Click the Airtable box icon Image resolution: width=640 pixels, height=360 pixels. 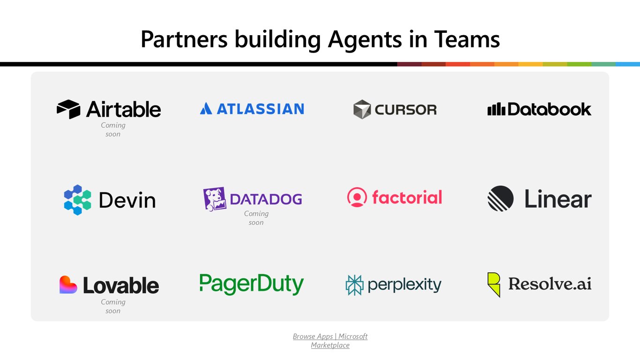coord(68,109)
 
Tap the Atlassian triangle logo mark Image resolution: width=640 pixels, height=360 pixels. coord(206,109)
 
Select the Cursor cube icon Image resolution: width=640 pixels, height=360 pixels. coord(362,109)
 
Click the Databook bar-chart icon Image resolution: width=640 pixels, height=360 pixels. coord(497,109)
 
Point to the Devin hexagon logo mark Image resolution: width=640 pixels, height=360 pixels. coord(77,200)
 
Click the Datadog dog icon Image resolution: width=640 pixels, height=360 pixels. coord(215,199)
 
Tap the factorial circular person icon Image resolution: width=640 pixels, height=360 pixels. coord(357,197)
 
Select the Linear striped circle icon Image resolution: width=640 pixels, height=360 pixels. coord(500,198)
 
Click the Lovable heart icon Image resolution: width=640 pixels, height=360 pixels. coord(68,285)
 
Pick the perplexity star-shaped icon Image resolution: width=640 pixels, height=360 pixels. coord(354,285)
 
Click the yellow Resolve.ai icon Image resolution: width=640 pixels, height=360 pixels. coord(494,285)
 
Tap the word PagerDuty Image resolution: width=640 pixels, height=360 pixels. coord(252,284)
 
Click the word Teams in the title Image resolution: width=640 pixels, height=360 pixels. coord(467,39)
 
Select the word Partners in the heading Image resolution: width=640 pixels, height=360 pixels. coord(184,39)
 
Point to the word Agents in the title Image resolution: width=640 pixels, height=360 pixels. coord(365,40)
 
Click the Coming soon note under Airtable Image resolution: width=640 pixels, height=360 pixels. coord(113,129)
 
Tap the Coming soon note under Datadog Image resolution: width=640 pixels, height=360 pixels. coord(256,218)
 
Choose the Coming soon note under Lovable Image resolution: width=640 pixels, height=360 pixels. coord(113,306)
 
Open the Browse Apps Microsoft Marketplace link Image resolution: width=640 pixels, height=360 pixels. coord(330,341)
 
